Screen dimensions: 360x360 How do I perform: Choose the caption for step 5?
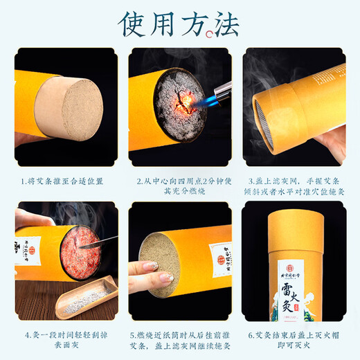coord(179,338)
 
